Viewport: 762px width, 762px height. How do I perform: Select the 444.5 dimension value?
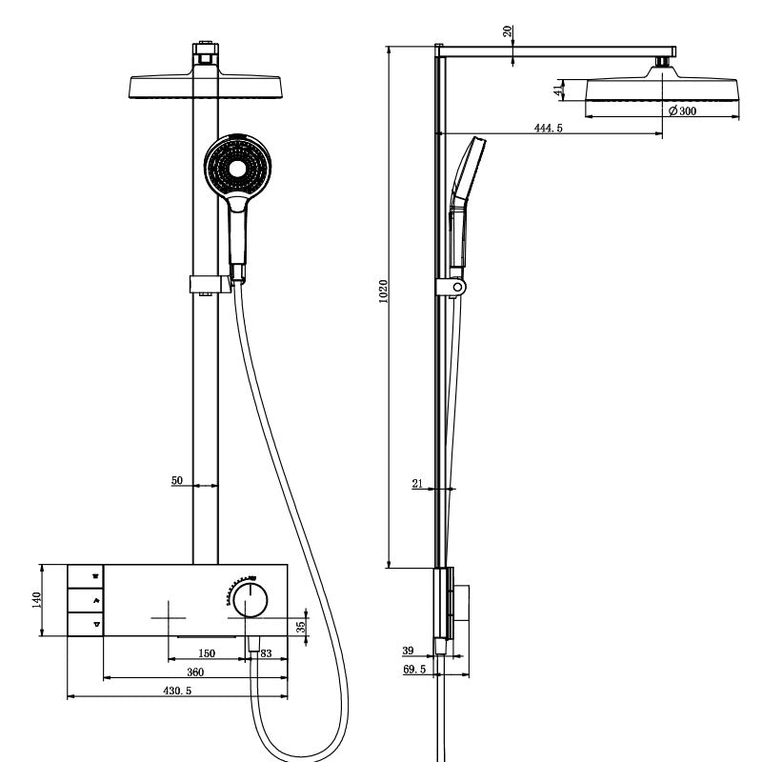pyautogui.click(x=548, y=128)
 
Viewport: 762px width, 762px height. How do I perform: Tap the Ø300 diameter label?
pyautogui.click(x=681, y=110)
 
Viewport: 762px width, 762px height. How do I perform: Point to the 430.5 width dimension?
pyautogui.click(x=176, y=691)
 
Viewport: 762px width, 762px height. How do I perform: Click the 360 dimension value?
pyautogui.click(x=195, y=672)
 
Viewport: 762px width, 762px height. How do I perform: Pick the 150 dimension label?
pyautogui.click(x=207, y=653)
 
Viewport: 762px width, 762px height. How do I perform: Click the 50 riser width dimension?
pyautogui.click(x=177, y=481)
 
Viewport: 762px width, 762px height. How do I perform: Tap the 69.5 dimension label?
pyautogui.click(x=413, y=671)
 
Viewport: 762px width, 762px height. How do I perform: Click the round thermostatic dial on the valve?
pyautogui.click(x=251, y=601)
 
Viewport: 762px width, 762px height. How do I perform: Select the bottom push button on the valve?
pyautogui.click(x=85, y=625)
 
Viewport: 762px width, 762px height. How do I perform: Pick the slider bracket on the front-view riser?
pyautogui.click(x=210, y=284)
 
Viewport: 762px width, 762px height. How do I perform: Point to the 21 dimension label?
pyautogui.click(x=417, y=484)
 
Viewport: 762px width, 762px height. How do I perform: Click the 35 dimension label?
pyautogui.click(x=301, y=627)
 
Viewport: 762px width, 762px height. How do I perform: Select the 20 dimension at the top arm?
pyautogui.click(x=509, y=30)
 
